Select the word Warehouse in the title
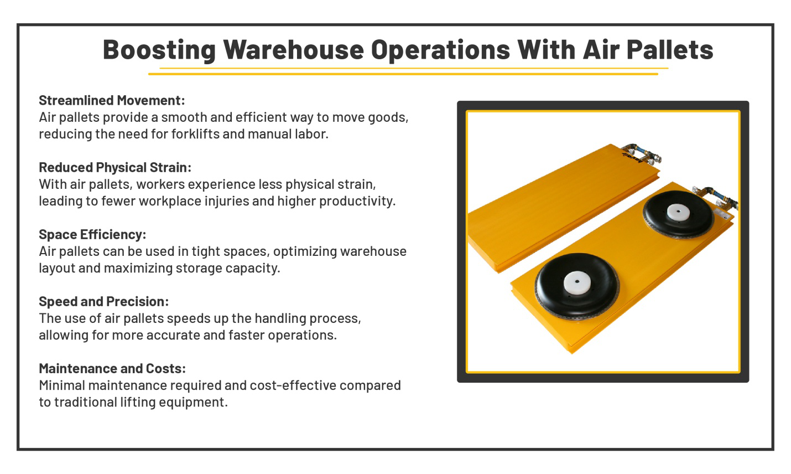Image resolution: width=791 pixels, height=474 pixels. (293, 50)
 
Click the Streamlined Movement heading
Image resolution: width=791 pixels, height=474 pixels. (112, 100)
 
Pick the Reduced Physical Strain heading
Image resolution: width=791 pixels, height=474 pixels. (115, 167)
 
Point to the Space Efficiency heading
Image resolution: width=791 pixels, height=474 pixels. (92, 234)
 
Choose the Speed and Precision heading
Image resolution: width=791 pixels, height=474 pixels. (103, 301)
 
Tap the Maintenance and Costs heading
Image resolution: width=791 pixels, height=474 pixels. (112, 368)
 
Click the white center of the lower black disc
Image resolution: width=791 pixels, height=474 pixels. (577, 283)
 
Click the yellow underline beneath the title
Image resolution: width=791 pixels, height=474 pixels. (408, 71)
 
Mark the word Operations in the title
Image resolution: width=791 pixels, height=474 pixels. (440, 50)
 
